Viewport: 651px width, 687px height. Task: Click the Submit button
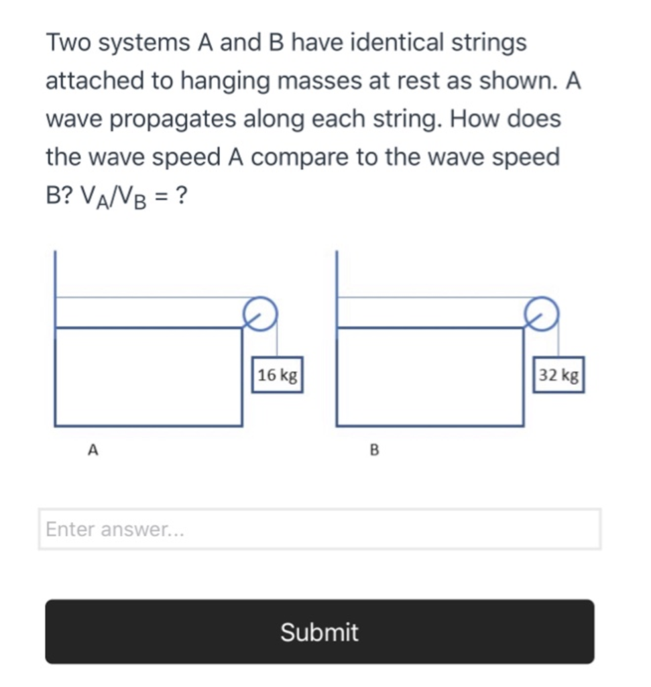[x=319, y=631]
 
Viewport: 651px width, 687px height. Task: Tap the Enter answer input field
[x=319, y=529]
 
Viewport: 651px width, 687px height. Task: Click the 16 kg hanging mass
[x=278, y=375]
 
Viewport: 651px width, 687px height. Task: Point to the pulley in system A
[x=259, y=313]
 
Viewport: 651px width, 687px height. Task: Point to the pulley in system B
[x=541, y=313]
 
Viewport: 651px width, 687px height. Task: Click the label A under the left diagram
[x=94, y=450]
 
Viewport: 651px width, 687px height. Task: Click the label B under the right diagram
[x=375, y=450]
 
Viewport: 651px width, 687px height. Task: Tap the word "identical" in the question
[x=397, y=44]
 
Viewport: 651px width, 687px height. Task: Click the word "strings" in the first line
[x=489, y=44]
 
